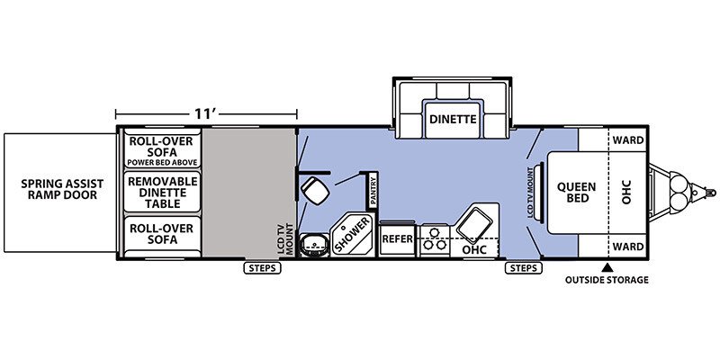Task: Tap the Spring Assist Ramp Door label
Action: pos(62,189)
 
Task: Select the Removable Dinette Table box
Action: pos(163,193)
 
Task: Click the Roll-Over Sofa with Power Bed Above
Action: pos(163,150)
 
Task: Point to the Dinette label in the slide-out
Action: pos(453,120)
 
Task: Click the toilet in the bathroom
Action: pos(315,190)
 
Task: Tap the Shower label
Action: pos(353,234)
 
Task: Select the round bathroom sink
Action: pos(314,245)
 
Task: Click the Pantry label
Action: pos(373,190)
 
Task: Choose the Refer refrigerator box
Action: pos(397,238)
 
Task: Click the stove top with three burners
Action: pos(435,239)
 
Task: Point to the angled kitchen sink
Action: pos(474,225)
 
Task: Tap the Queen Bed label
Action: pos(571,193)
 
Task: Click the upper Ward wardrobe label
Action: pos(628,140)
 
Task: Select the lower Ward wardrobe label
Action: pos(628,247)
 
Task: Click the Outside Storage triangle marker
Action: pos(607,266)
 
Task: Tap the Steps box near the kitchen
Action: pos(524,268)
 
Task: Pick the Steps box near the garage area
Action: pos(262,268)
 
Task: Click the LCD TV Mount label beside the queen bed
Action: pos(530,192)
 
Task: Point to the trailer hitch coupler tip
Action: pos(714,193)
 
